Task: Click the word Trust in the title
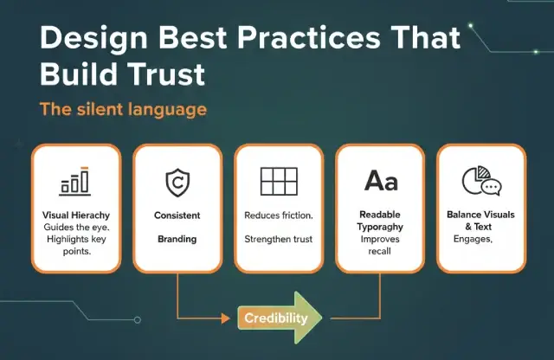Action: coord(164,74)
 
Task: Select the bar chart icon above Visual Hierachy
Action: coord(74,181)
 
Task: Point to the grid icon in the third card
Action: coord(278,181)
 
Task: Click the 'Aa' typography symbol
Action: coord(380,180)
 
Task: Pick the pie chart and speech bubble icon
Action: coord(481,181)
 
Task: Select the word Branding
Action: coord(177,238)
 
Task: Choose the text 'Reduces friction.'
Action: coord(278,215)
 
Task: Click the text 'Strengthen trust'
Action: coord(278,238)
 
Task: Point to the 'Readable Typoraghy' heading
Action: coord(380,221)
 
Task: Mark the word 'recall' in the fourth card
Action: coord(380,250)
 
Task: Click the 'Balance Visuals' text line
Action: coord(481,215)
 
